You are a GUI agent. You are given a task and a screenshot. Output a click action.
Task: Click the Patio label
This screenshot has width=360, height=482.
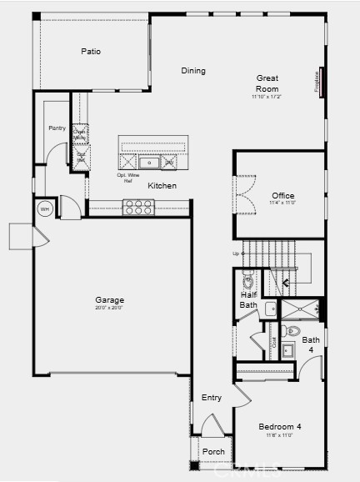click(x=91, y=52)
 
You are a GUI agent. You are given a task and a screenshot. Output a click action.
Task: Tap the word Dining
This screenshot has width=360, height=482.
click(x=193, y=71)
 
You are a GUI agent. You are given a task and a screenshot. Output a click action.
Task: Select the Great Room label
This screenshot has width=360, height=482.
click(x=267, y=83)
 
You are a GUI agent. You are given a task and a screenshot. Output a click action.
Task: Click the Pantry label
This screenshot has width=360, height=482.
click(x=57, y=128)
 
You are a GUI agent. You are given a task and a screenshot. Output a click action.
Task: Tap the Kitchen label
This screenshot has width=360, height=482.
click(x=162, y=185)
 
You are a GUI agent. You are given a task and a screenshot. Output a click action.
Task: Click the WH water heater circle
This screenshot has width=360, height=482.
click(x=44, y=208)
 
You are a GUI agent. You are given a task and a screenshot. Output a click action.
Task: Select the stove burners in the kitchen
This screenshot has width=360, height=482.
click(x=138, y=207)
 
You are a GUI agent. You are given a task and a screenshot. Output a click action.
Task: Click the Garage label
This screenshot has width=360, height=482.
click(x=109, y=300)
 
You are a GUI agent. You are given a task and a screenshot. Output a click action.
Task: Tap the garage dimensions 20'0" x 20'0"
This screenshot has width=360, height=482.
click(x=109, y=308)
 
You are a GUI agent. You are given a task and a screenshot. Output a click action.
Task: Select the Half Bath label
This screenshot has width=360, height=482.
click(x=248, y=299)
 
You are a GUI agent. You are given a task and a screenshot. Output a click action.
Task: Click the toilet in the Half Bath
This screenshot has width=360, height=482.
click(x=247, y=277)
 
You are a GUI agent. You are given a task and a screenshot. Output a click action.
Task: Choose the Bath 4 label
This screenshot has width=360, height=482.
click(x=310, y=344)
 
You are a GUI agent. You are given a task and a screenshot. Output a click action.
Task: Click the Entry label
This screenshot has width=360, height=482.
click(x=212, y=398)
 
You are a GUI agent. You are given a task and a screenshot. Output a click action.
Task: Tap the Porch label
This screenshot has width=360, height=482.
click(x=212, y=452)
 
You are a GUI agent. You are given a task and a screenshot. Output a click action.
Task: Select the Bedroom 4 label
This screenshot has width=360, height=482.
click(x=279, y=426)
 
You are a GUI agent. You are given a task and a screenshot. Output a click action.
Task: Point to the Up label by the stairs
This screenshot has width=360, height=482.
click(x=235, y=254)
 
